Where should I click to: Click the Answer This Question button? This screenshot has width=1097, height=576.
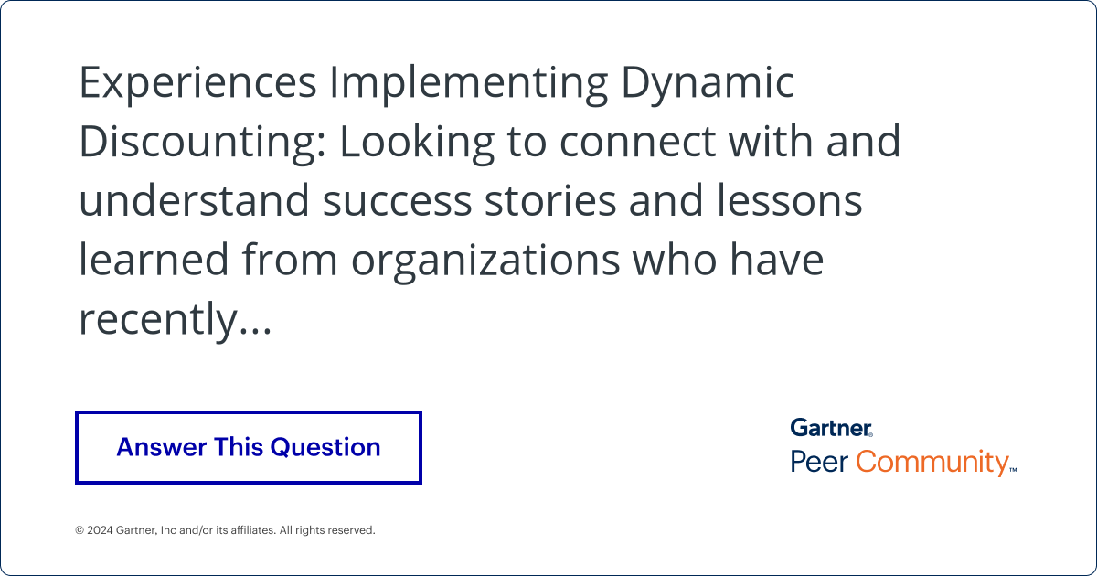point(248,447)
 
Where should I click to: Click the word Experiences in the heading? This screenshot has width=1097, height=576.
point(197,84)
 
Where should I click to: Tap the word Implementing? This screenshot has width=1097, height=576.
point(468,84)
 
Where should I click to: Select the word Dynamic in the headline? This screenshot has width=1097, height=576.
point(708,84)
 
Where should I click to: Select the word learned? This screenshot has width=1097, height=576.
point(154,261)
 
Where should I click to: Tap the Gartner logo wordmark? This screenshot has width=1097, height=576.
point(832,427)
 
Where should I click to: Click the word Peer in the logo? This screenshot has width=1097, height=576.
point(819,462)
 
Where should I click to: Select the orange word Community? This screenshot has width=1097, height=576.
point(933,463)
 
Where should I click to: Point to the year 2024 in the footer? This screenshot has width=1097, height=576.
point(101,530)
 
